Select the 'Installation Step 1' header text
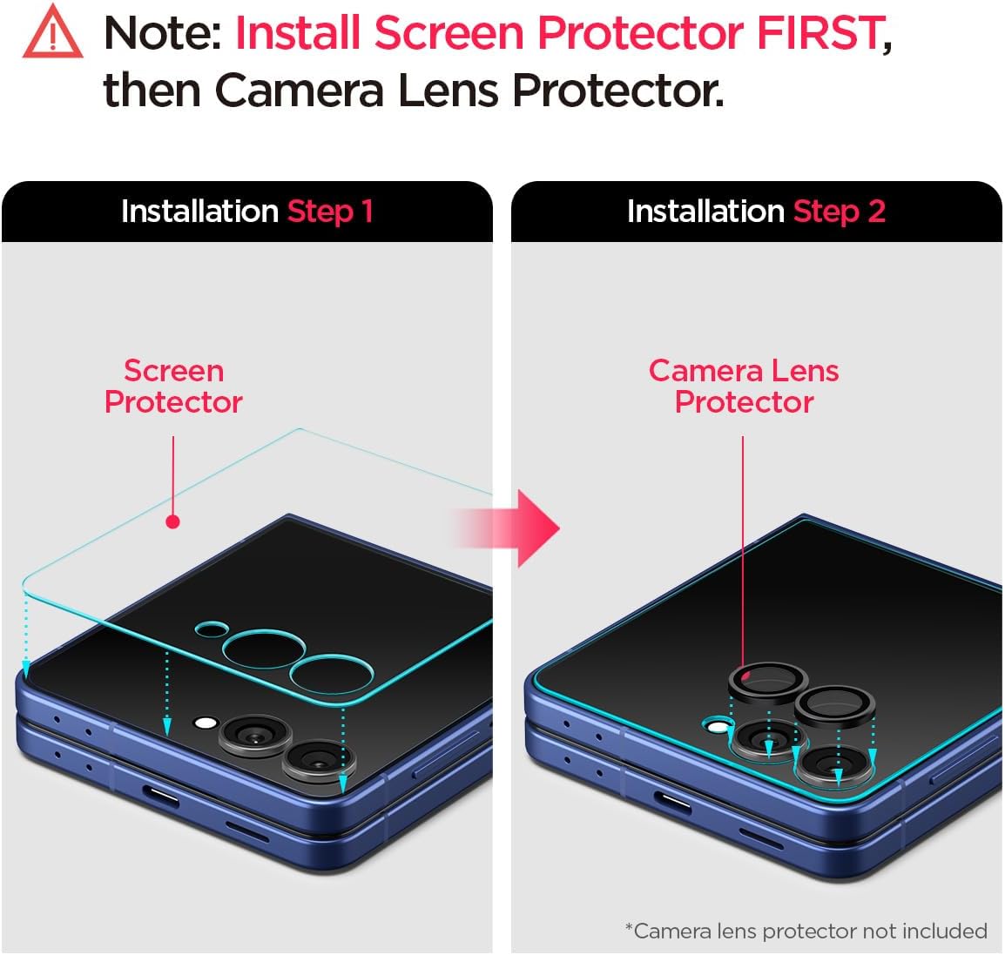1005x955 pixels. coord(246,212)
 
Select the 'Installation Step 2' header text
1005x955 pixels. coord(756,212)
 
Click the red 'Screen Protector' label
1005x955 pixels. coord(173,386)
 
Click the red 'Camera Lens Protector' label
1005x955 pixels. coord(744,386)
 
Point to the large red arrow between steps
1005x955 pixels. coord(527,528)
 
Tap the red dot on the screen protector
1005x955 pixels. coord(172,521)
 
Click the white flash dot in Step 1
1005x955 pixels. coord(206,723)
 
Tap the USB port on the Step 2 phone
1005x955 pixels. coord(673,801)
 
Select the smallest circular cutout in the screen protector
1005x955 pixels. coord(212,629)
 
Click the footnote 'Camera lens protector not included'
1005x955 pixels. coord(806,931)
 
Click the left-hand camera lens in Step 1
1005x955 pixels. coord(253,736)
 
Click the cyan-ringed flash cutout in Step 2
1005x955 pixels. coord(717,724)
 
